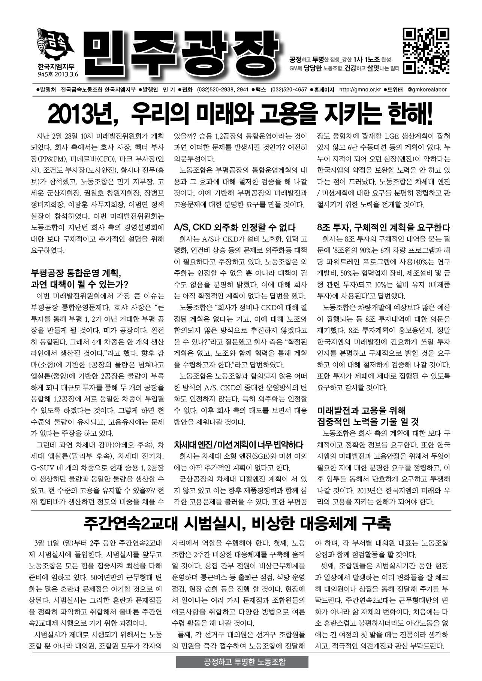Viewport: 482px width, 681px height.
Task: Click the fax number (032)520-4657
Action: click(x=289, y=90)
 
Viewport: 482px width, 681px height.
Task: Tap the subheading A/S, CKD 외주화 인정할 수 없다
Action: click(x=235, y=227)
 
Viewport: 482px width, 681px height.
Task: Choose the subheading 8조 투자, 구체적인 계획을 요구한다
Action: click(x=383, y=227)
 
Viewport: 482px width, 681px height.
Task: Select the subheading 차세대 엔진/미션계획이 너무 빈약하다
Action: click(x=238, y=445)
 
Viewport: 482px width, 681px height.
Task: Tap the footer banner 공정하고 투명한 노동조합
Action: click(x=242, y=662)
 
